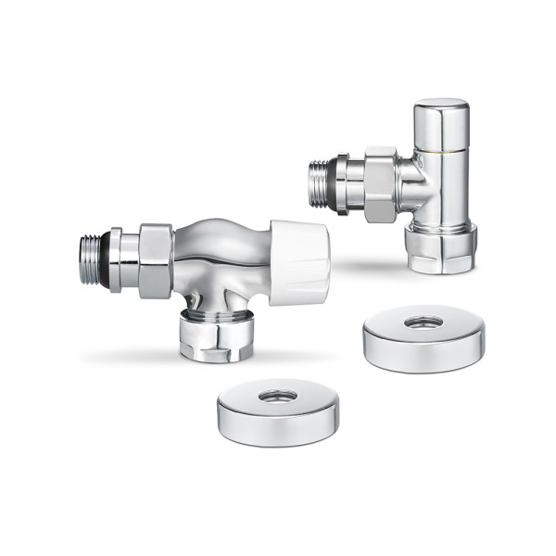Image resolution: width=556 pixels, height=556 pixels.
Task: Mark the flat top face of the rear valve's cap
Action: click(x=441, y=104)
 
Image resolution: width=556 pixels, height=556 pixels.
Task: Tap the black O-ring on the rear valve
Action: click(x=332, y=183)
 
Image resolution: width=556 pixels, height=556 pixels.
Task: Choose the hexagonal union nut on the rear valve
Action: click(x=378, y=183)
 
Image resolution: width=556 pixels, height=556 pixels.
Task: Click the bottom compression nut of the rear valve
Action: click(x=441, y=247)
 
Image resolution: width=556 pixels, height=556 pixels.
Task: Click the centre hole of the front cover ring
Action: click(x=277, y=396)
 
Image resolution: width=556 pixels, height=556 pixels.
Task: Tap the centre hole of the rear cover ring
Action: click(x=423, y=323)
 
